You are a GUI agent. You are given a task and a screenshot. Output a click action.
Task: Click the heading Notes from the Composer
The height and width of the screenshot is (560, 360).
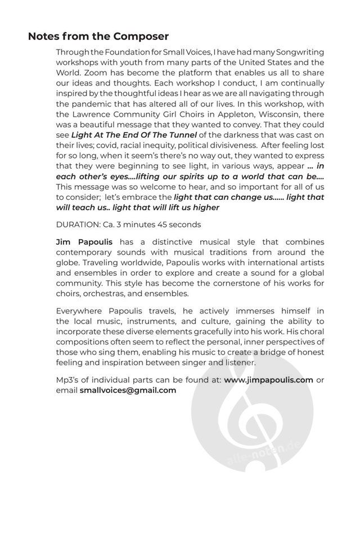coord(98,37)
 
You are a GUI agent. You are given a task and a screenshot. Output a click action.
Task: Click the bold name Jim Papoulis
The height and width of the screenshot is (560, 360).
coord(84,241)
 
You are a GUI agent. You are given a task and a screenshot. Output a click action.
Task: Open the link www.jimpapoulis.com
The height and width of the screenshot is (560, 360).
coord(268,380)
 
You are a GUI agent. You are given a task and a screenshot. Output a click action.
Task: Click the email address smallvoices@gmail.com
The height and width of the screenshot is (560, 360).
coord(128,390)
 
